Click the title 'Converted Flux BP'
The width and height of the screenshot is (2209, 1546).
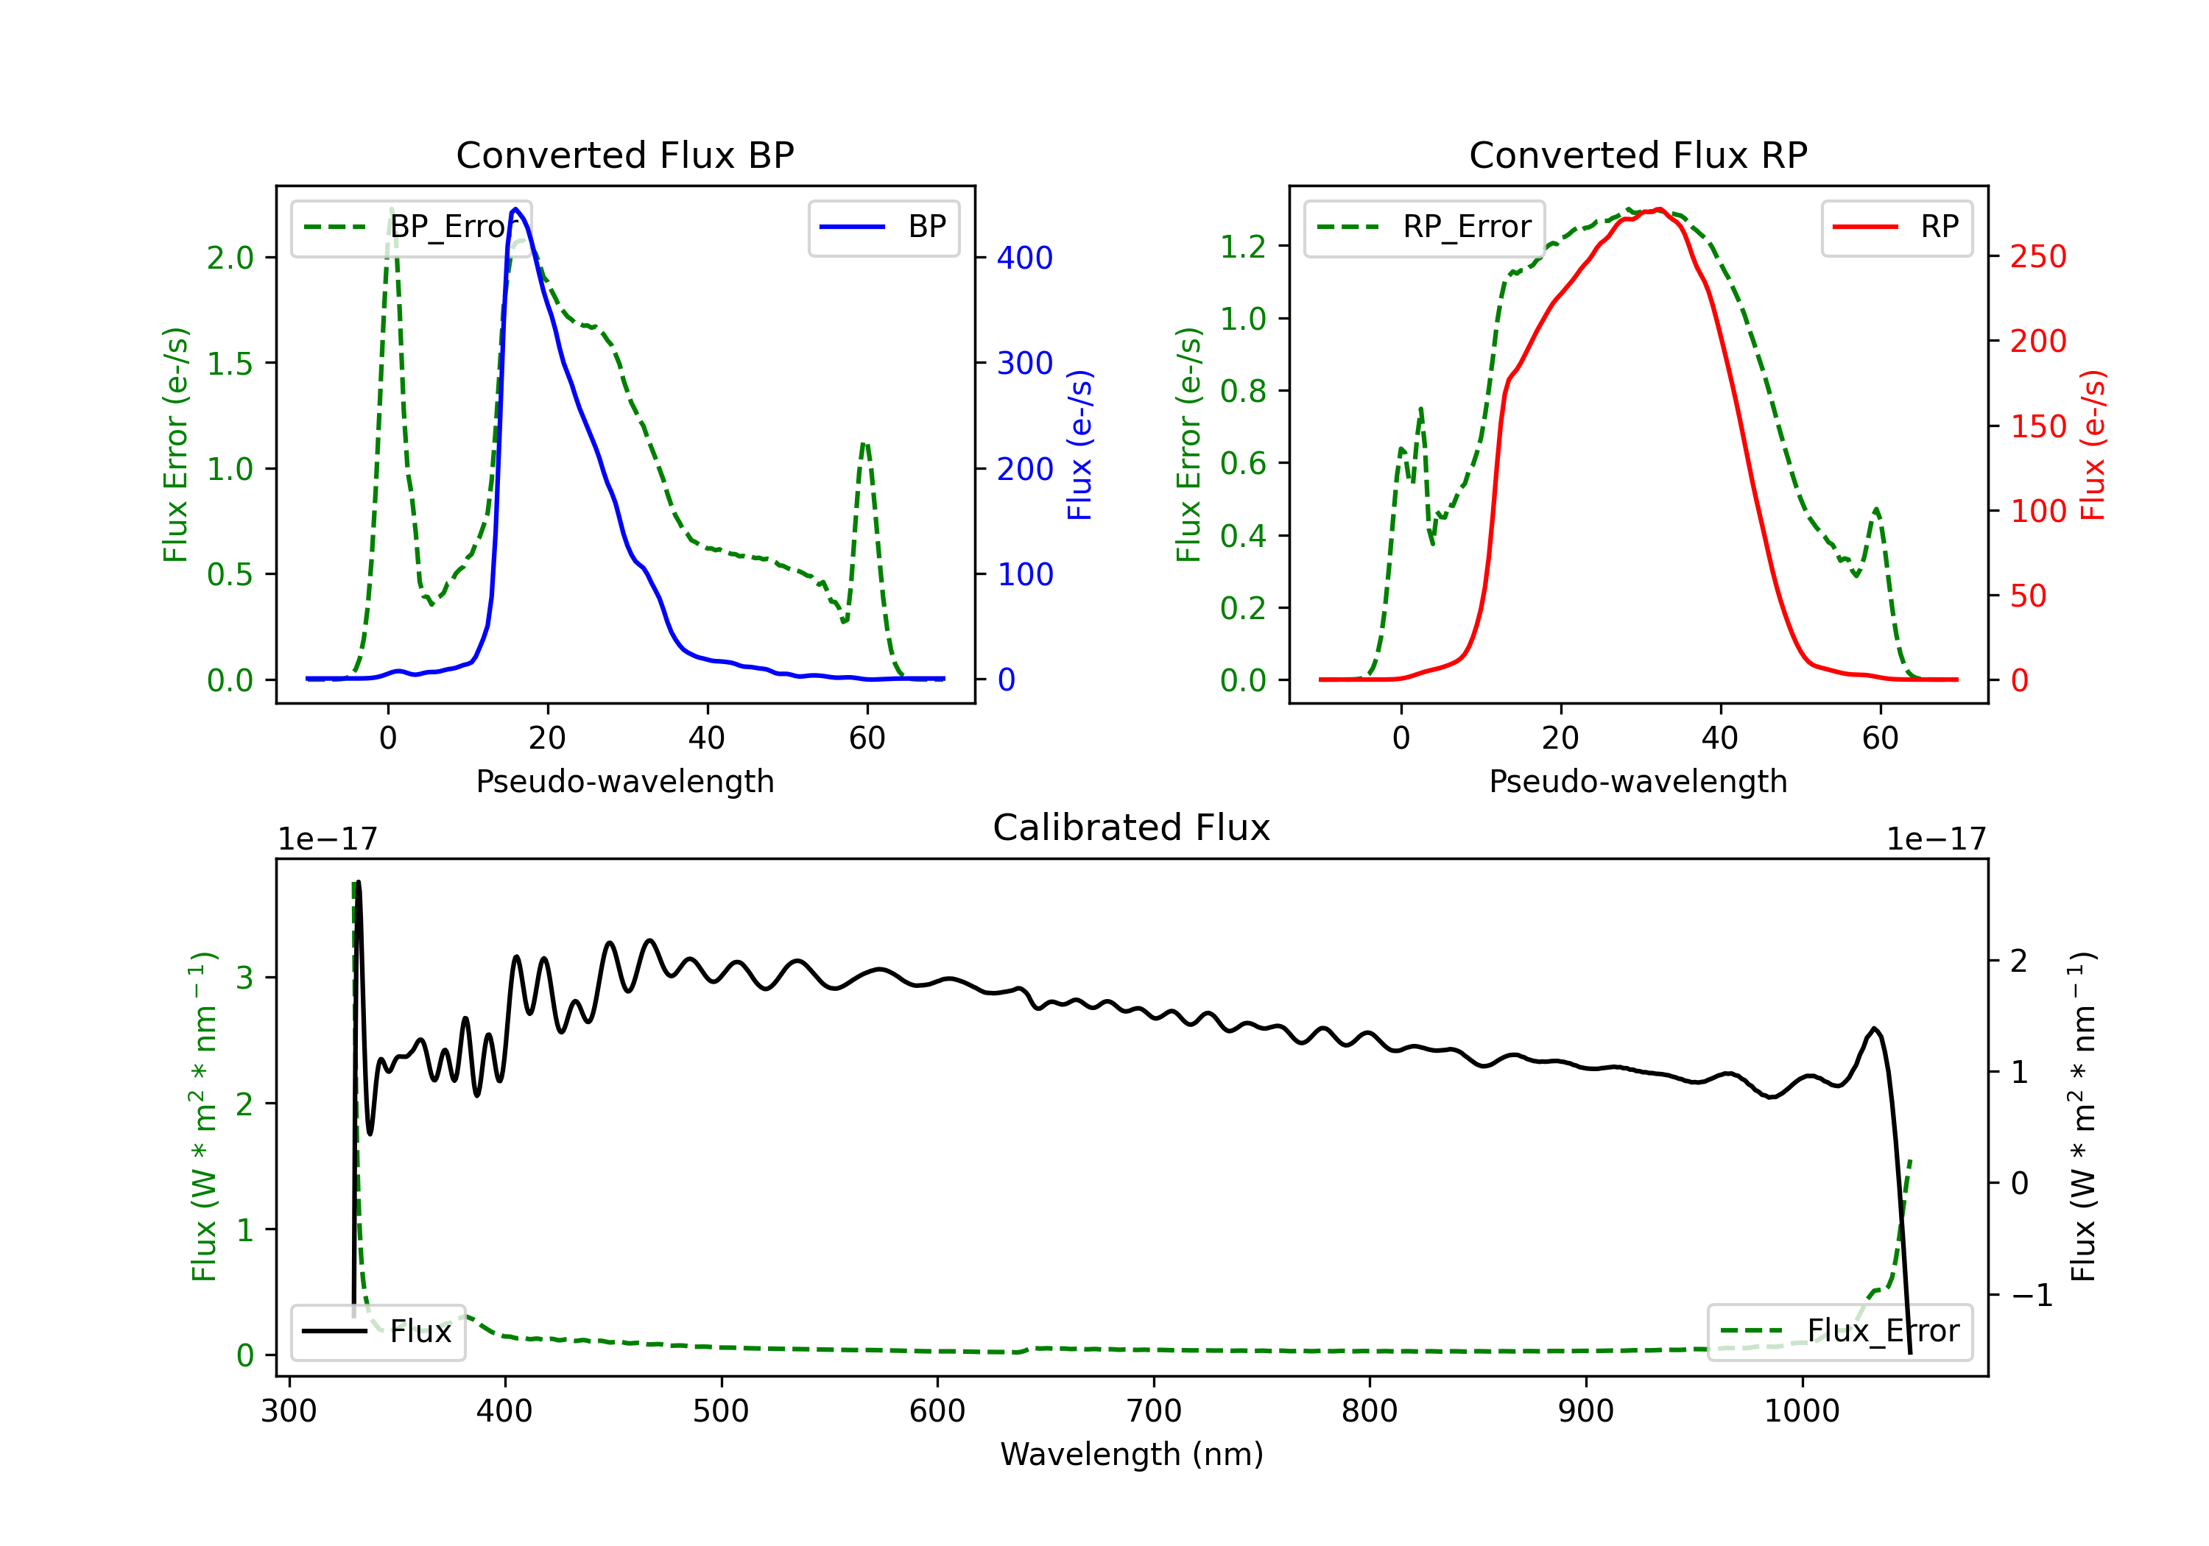624,155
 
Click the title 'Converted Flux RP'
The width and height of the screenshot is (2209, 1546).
1638,155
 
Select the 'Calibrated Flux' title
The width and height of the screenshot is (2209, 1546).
1132,827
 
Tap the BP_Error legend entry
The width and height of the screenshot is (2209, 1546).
411,227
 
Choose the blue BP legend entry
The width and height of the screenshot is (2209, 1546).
883,227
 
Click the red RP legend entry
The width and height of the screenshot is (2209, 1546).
1895,227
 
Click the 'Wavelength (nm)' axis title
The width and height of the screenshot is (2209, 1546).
1132,1455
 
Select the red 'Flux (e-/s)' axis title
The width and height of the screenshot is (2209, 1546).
2093,445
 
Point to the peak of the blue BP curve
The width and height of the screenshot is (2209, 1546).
515,209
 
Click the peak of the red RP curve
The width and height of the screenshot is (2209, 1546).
1659,209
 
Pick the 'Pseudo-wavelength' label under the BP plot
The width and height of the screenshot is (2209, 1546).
625,781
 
